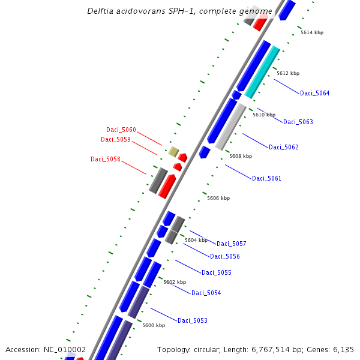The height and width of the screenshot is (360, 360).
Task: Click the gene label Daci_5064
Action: (x=314, y=93)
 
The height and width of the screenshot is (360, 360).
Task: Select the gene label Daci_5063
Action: (x=298, y=122)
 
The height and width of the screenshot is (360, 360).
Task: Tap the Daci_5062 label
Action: (x=283, y=147)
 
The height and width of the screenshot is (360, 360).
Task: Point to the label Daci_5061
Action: (x=266, y=178)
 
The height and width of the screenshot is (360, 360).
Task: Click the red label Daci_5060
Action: (x=121, y=130)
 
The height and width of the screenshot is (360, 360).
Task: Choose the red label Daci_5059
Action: (x=116, y=139)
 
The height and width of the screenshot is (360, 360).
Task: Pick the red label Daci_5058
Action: (x=106, y=159)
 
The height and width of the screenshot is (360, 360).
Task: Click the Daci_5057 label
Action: (x=231, y=244)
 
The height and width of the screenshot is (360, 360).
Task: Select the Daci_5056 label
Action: (x=224, y=256)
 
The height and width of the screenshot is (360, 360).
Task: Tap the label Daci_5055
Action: (x=216, y=272)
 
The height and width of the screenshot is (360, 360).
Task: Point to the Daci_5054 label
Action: (x=206, y=293)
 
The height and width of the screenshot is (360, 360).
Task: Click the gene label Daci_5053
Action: (x=192, y=320)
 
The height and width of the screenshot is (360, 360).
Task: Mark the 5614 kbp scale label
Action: (x=311, y=32)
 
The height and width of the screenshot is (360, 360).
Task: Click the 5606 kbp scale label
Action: (x=218, y=198)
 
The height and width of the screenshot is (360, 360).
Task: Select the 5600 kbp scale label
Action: (x=153, y=325)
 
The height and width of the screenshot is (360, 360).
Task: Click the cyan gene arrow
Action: (x=263, y=71)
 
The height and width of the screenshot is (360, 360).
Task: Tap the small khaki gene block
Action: (x=173, y=151)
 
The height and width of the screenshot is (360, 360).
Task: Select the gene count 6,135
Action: (x=343, y=349)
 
